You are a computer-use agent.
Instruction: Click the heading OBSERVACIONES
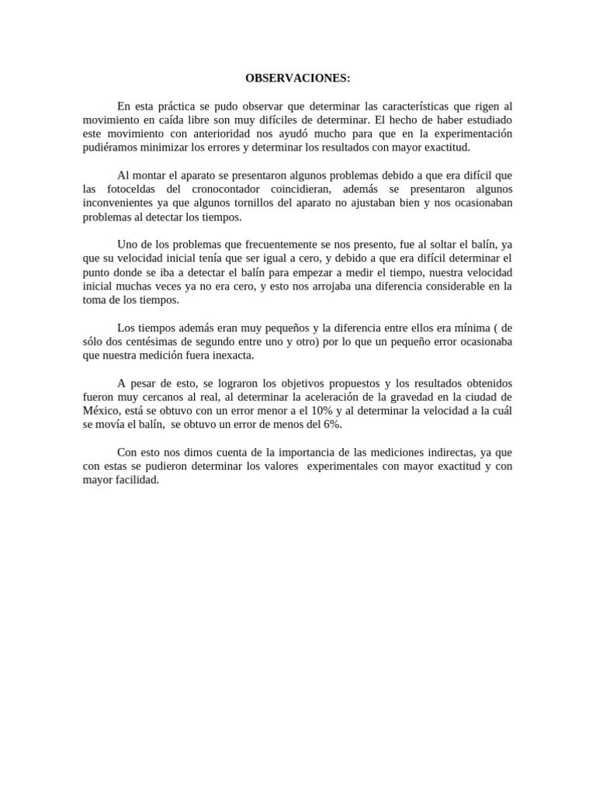click(298, 78)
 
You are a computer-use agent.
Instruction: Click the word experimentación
click(467, 134)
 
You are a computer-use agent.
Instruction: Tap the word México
click(102, 411)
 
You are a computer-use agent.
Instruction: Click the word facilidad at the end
click(133, 481)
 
